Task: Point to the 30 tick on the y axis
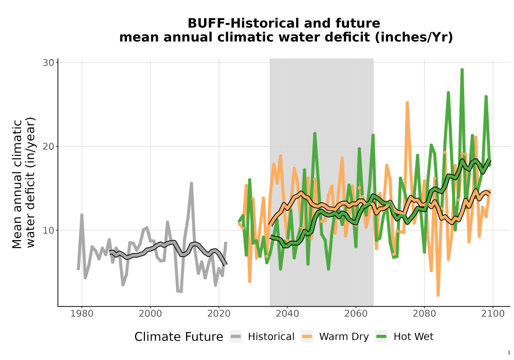(48, 63)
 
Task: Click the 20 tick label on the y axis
(48, 146)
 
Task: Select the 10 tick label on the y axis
(48, 230)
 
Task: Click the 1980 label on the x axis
(82, 314)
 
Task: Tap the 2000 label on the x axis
(150, 314)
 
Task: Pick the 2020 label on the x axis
(218, 314)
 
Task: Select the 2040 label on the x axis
(287, 314)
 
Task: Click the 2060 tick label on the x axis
(356, 314)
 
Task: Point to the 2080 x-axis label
(424, 314)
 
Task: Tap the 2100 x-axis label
(493, 314)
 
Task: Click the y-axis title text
(24, 182)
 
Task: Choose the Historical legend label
(271, 337)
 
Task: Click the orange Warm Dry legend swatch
(307, 336)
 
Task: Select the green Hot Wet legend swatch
(381, 336)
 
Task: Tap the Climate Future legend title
(179, 337)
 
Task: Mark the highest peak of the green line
(462, 70)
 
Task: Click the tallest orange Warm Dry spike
(407, 103)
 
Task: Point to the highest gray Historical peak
(191, 184)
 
